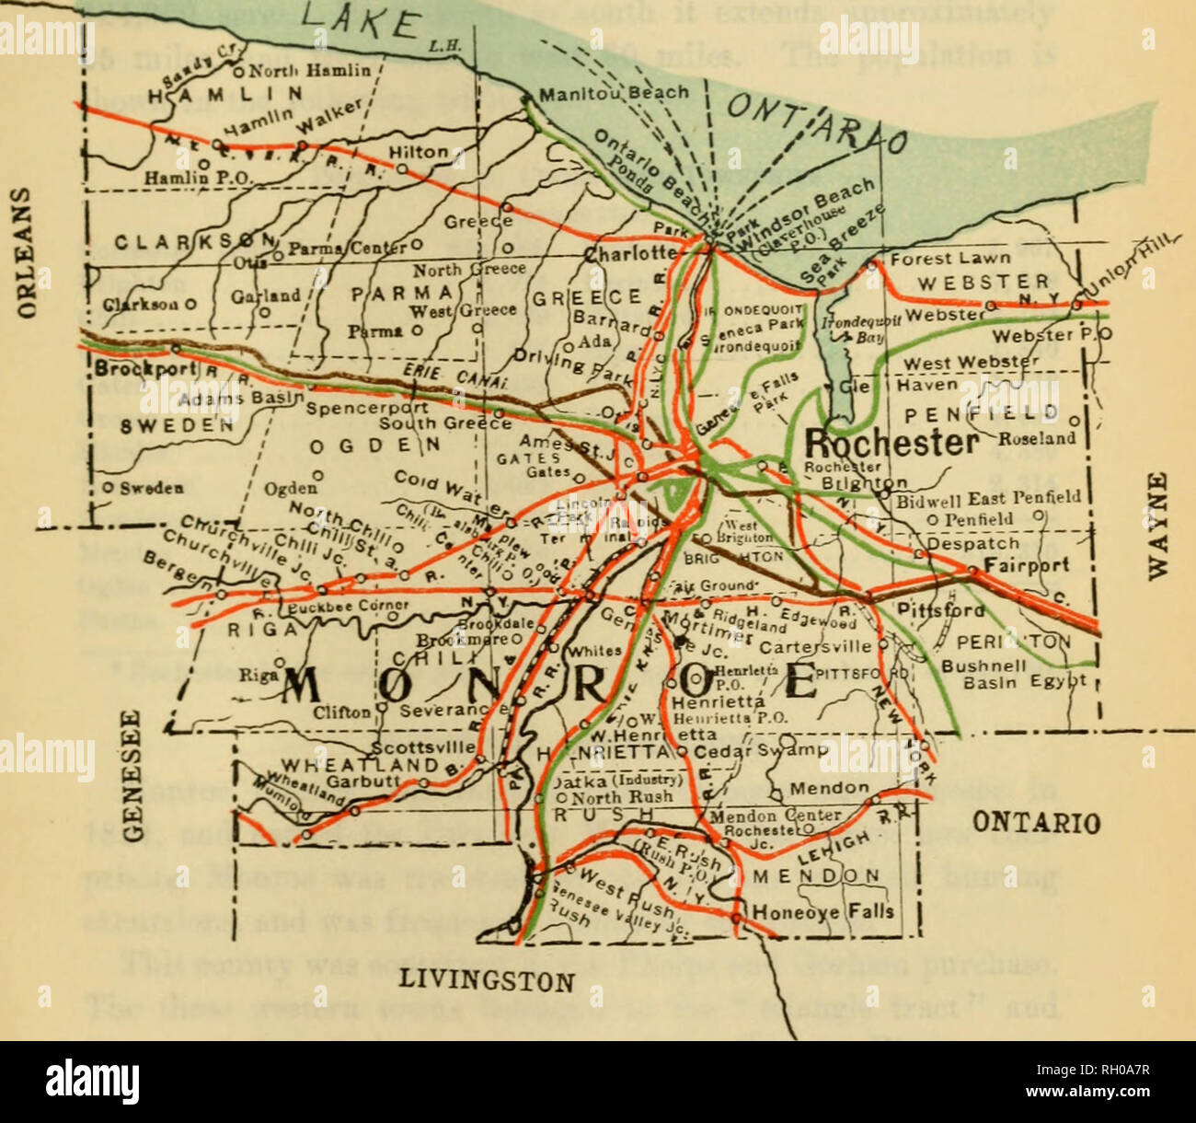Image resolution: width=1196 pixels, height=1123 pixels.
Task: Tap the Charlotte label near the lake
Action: click(x=632, y=253)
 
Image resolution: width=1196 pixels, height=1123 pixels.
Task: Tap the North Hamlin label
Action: click(x=308, y=70)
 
